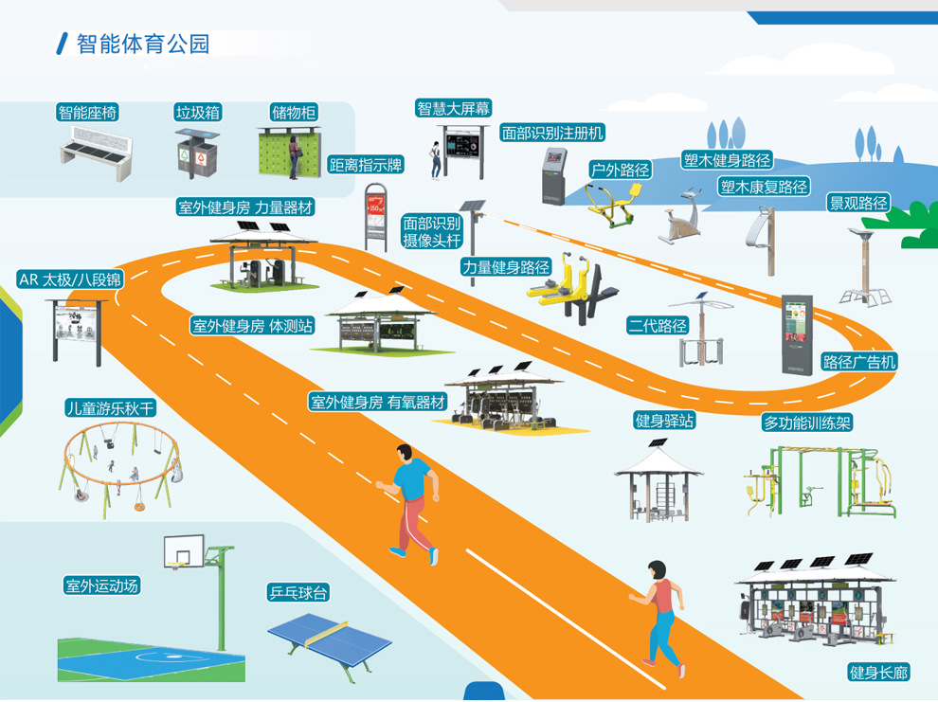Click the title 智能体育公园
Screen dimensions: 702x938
click(x=142, y=44)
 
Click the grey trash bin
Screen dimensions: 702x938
click(x=197, y=153)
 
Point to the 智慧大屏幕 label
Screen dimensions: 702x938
click(x=454, y=108)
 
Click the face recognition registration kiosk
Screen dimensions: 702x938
click(x=554, y=175)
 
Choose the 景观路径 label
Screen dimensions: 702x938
click(x=858, y=203)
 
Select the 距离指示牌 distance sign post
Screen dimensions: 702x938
click(x=377, y=217)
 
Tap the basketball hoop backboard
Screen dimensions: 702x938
click(x=183, y=550)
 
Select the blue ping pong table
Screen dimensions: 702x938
click(x=328, y=633)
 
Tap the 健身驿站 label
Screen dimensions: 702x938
click(x=664, y=420)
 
